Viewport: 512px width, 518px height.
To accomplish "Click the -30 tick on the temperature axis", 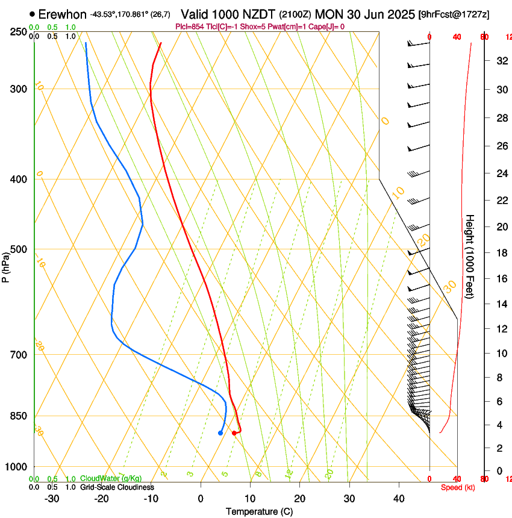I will [52, 498].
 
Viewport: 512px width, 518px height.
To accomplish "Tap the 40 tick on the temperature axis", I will [399, 498].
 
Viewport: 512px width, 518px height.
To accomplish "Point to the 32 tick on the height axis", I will [500, 61].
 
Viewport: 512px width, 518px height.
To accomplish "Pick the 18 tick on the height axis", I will [500, 253].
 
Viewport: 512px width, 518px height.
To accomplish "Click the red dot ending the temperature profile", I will [234, 433].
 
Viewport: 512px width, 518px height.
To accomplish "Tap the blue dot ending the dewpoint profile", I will [220, 433].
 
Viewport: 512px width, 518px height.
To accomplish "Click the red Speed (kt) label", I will [458, 487].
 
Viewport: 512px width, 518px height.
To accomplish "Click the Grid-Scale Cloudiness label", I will [117, 487].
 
